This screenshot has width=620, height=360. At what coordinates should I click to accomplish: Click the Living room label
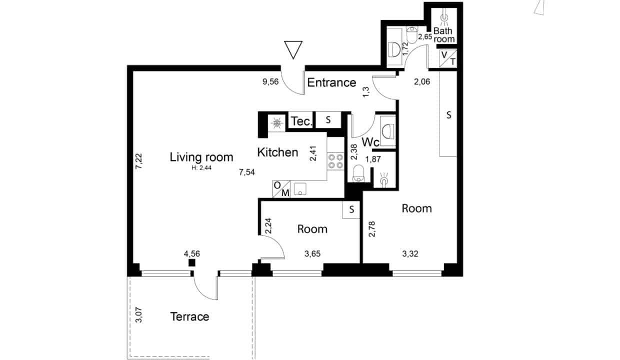[x=201, y=157]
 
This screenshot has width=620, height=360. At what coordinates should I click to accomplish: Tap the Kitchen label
[x=277, y=152]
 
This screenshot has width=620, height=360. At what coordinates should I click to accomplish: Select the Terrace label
[x=189, y=316]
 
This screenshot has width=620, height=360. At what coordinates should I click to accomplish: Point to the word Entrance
[x=331, y=82]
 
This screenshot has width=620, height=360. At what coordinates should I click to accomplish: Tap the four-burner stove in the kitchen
[x=335, y=161]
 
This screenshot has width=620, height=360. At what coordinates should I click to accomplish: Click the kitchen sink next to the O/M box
[x=300, y=188]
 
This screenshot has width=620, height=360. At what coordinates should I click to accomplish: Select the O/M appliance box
[x=281, y=189]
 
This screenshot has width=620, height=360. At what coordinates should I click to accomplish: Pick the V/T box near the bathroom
[x=448, y=58]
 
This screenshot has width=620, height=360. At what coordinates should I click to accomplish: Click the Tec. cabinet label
[x=301, y=121]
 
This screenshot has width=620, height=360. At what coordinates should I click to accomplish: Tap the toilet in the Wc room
[x=358, y=173]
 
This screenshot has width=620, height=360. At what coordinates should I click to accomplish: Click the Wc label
[x=370, y=142]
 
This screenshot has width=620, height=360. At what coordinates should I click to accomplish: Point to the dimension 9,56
[x=270, y=81]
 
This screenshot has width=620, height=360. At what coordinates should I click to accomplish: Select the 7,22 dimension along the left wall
[x=138, y=161]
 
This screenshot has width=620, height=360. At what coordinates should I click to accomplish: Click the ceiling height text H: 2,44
[x=201, y=167]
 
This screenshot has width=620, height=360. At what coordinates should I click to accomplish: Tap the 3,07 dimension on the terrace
[x=138, y=315]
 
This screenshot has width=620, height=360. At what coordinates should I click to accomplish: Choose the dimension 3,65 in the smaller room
[x=312, y=253]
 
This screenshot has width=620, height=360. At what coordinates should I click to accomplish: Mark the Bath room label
[x=443, y=35]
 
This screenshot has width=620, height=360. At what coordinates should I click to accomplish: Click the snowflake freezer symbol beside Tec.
[x=277, y=123]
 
